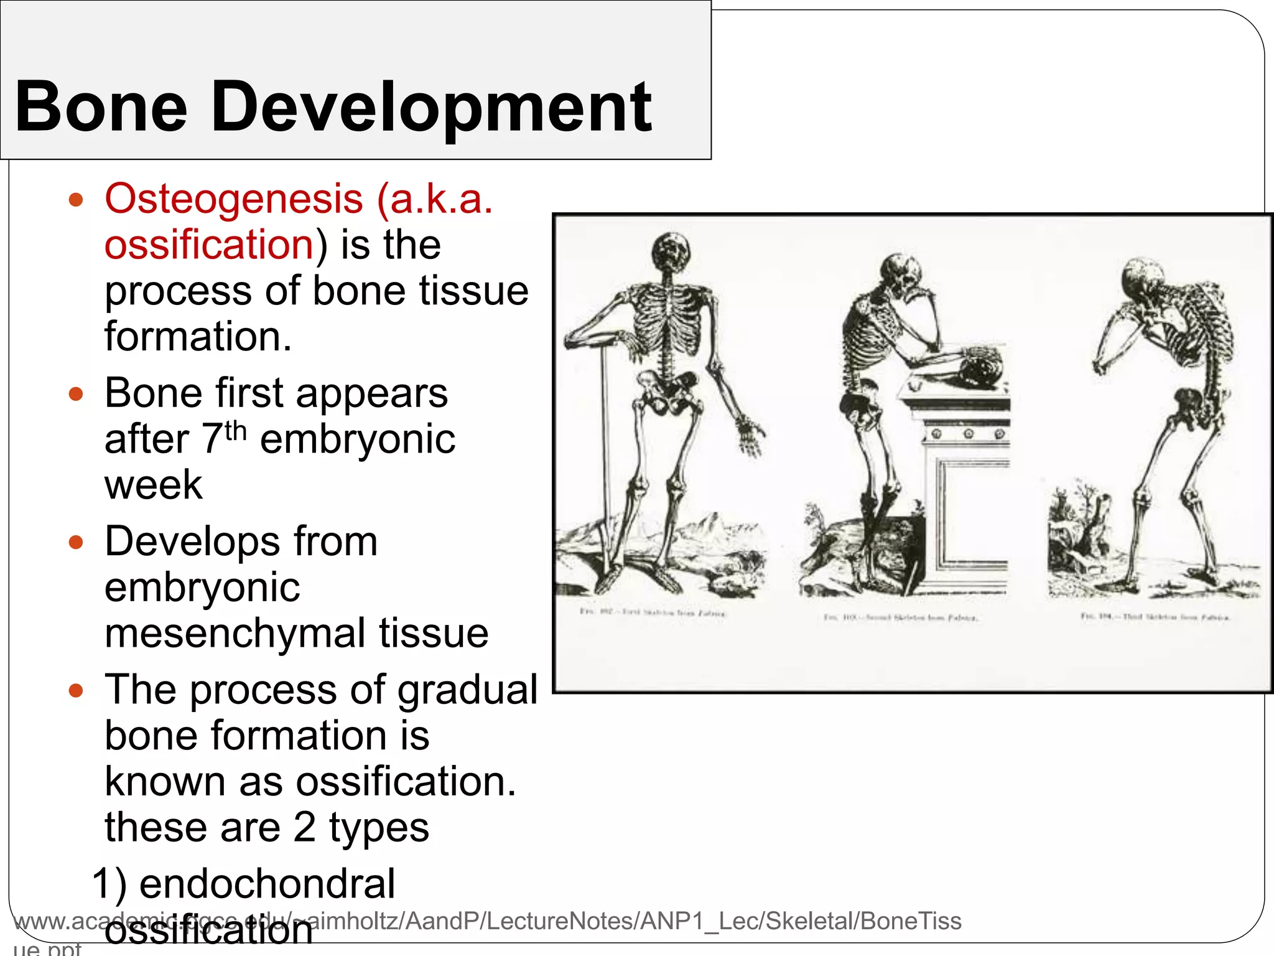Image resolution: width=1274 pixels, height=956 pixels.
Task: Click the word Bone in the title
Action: pos(101,107)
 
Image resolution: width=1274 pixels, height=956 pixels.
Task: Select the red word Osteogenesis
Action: pos(234,199)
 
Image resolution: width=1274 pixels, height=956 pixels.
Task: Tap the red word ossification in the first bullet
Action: pos(209,244)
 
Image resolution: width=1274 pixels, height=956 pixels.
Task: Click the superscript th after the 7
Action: pos(236,430)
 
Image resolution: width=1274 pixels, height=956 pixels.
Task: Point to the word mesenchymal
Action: pos(235,633)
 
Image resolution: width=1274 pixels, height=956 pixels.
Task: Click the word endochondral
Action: pos(267,884)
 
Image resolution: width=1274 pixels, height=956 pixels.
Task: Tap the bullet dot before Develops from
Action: pos(76,542)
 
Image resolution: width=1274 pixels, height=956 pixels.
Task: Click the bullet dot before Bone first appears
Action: pos(76,394)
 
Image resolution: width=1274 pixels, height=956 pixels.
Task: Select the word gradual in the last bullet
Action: pos(467,690)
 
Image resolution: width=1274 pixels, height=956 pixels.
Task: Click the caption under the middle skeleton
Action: pos(901,617)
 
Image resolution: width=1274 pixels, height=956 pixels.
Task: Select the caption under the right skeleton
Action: pos(1155,617)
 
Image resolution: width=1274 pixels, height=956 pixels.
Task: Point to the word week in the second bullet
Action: pos(153,485)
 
